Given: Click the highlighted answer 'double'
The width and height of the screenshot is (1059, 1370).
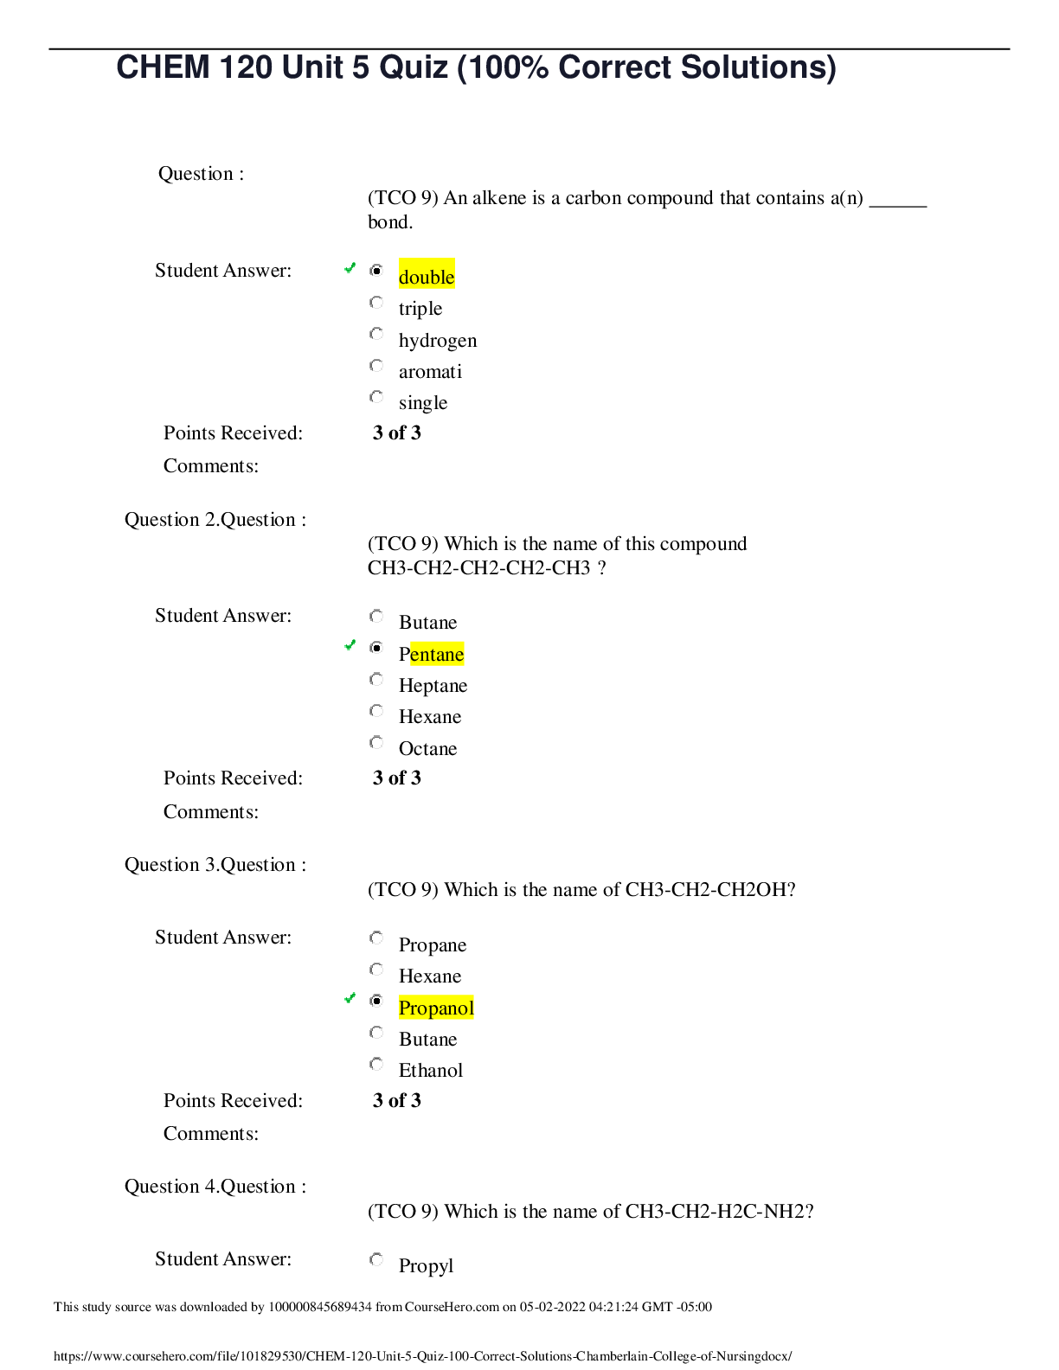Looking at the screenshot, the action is click(x=427, y=276).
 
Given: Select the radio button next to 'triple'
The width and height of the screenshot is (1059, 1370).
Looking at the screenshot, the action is click(x=376, y=303).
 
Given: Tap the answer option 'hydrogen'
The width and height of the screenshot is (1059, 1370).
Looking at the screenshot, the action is click(x=438, y=341).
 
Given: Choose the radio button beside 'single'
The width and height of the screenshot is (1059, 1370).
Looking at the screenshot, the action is click(x=376, y=397).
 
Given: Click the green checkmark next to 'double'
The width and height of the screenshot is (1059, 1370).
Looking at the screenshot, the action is click(x=350, y=268).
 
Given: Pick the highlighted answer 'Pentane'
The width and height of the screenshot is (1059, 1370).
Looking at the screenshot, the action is click(x=432, y=654).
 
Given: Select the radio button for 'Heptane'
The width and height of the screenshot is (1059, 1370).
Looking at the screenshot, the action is click(x=376, y=679).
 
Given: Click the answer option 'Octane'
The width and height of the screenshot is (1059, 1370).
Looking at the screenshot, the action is click(x=427, y=748).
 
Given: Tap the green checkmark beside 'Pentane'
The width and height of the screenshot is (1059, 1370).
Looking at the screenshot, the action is click(x=350, y=645).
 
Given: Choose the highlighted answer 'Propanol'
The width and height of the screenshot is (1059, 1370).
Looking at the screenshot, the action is click(x=436, y=1008).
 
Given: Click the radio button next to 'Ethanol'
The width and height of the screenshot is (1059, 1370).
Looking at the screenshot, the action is click(x=376, y=1064).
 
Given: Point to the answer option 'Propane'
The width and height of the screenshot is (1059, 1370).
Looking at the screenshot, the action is click(x=433, y=945).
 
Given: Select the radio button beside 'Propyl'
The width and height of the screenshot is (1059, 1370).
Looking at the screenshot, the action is click(x=376, y=1259).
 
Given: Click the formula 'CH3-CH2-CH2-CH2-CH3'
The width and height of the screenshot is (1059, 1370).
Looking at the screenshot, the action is click(x=478, y=567).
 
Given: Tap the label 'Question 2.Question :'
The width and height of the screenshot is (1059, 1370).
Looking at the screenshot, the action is click(x=215, y=520).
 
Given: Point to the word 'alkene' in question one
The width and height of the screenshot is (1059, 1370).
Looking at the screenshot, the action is click(x=500, y=198).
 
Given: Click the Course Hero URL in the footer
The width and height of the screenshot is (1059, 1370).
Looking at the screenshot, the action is click(x=422, y=1355).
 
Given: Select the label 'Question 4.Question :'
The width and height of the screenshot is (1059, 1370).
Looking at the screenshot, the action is click(x=215, y=1187).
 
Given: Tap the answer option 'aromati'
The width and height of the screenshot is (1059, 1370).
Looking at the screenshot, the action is click(x=430, y=371).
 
